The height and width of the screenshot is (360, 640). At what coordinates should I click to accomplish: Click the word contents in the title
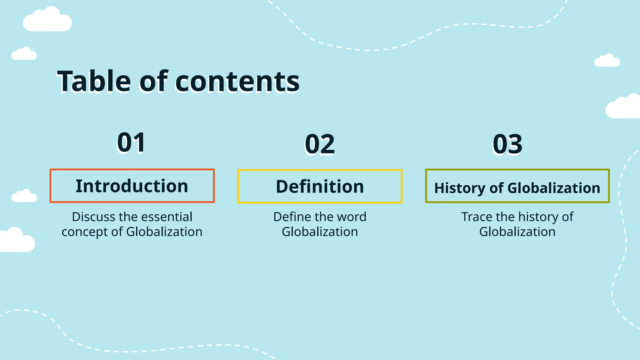click(237, 82)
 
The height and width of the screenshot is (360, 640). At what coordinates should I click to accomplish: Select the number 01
click(132, 142)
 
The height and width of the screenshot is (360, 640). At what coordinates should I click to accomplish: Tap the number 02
click(320, 144)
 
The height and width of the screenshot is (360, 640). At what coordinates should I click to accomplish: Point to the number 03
click(507, 144)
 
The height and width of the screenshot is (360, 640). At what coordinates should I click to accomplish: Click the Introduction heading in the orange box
click(132, 186)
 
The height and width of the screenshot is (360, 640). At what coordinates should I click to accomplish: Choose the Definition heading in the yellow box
click(320, 187)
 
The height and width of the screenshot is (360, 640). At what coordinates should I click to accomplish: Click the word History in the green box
click(459, 188)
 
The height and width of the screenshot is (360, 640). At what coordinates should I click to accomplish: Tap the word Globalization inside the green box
click(554, 188)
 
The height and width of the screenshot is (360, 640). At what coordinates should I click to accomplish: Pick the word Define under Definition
click(292, 217)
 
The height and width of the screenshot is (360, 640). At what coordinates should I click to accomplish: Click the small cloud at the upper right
click(607, 61)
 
